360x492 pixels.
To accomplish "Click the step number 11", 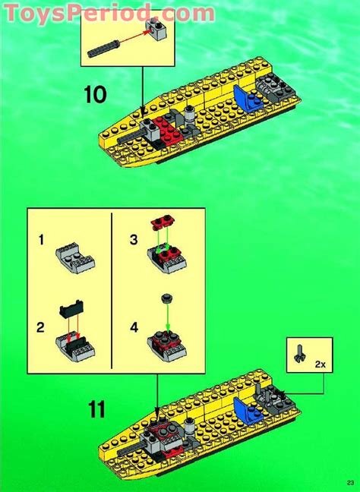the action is tap(97, 410).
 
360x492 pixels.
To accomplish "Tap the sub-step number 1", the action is tap(42, 241).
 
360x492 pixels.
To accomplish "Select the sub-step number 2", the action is tap(40, 328).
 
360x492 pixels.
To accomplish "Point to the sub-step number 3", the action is tap(134, 240).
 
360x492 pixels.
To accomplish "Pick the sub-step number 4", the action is tap(134, 328).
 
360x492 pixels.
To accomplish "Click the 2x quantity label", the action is tap(321, 364).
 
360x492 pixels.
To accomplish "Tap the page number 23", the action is tap(350, 482).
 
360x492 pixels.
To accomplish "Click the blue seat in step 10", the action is tap(247, 99).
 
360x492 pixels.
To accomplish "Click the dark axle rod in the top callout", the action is tap(104, 49).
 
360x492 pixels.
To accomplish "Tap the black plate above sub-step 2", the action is tap(71, 309).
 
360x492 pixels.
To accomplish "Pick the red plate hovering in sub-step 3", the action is tap(163, 222).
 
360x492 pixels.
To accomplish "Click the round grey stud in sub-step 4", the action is tap(166, 298).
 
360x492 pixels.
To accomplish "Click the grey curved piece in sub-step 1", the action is tap(75, 257).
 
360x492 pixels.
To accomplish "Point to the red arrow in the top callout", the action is tap(134, 36).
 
